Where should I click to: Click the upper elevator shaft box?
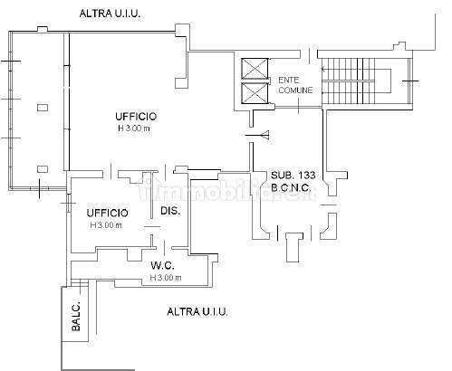tap(255, 69)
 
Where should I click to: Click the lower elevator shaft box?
tap(255, 92)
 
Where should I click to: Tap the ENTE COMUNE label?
tap(295, 85)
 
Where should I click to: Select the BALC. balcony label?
tap(76, 316)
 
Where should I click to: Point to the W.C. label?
tap(162, 265)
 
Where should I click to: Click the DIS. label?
tap(170, 211)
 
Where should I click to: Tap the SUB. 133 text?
tap(293, 175)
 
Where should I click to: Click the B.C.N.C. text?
tap(291, 188)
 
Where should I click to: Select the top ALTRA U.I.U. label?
tap(111, 14)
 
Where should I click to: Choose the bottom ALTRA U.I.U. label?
tap(197, 311)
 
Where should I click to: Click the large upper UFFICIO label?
tap(136, 117)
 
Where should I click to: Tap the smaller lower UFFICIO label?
tap(108, 213)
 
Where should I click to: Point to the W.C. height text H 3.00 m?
tap(166, 278)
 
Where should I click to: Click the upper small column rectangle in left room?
tap(43, 108)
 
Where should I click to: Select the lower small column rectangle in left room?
tap(43, 169)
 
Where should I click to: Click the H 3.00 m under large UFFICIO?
tap(134, 128)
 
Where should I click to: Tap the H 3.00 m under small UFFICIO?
tap(106, 225)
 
